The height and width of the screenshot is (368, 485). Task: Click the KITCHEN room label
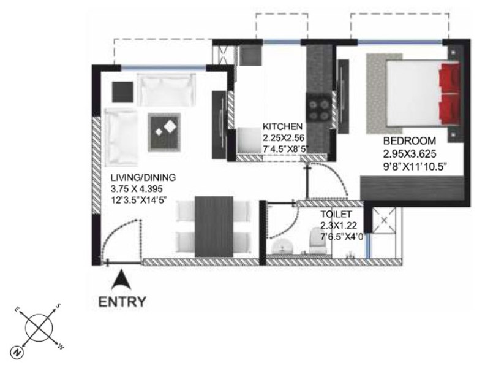282,126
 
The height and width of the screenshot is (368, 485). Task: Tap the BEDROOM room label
410,141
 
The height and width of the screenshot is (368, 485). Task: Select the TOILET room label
336,214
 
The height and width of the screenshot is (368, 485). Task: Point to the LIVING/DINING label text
143,177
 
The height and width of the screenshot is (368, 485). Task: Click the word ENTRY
122,302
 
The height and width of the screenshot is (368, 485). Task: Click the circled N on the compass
17,351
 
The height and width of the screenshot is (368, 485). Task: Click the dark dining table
214,226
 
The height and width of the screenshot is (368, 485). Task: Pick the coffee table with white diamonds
164,132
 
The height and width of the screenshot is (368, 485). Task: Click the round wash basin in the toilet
282,247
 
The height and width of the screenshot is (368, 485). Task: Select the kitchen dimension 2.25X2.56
284,138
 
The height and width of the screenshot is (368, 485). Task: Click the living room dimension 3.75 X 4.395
137,189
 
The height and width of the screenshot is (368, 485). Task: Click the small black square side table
123,92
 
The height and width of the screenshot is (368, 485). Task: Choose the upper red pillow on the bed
450,77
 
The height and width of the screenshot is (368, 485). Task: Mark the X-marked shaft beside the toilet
384,220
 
